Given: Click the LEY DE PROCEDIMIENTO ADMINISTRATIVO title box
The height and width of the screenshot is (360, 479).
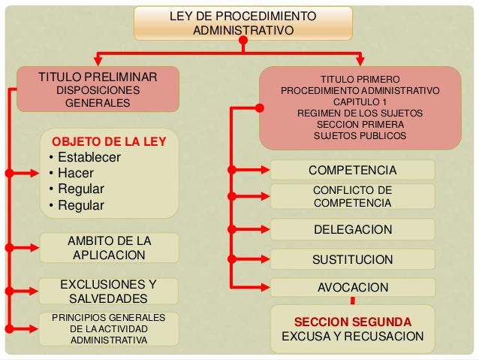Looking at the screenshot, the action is (x=243, y=23).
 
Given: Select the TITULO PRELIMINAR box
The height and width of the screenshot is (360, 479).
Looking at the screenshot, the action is (x=98, y=89).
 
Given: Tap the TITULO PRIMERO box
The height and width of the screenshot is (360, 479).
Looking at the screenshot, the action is (x=360, y=107).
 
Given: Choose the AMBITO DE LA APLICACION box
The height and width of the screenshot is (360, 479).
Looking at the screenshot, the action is (x=109, y=248).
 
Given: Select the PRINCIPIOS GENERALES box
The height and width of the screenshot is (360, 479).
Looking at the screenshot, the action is (x=109, y=329).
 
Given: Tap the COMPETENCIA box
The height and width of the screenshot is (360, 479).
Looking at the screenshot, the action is (x=352, y=171).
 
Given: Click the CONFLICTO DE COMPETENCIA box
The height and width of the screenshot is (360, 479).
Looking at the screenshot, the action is (x=352, y=196).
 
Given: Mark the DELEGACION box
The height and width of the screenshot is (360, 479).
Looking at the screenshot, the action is (x=352, y=229).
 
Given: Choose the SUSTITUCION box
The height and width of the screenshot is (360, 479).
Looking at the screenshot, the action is (x=352, y=260).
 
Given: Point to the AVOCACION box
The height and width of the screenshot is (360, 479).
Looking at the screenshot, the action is (x=352, y=287).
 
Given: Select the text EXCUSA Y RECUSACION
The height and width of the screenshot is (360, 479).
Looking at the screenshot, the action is (x=352, y=336).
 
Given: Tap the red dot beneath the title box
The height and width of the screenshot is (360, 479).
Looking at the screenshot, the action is (x=243, y=43).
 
